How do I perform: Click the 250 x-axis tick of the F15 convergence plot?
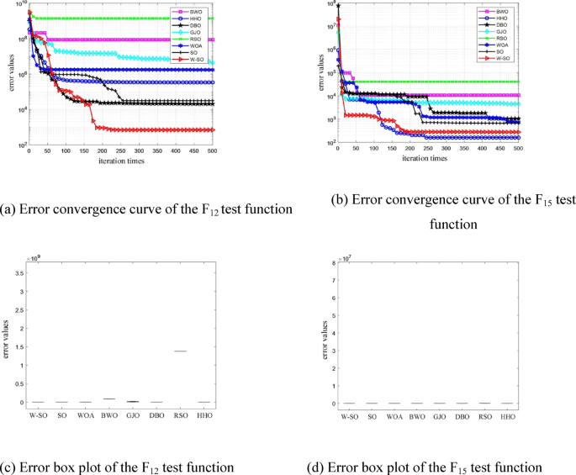[428, 152]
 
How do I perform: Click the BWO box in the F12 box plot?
[108, 398]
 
